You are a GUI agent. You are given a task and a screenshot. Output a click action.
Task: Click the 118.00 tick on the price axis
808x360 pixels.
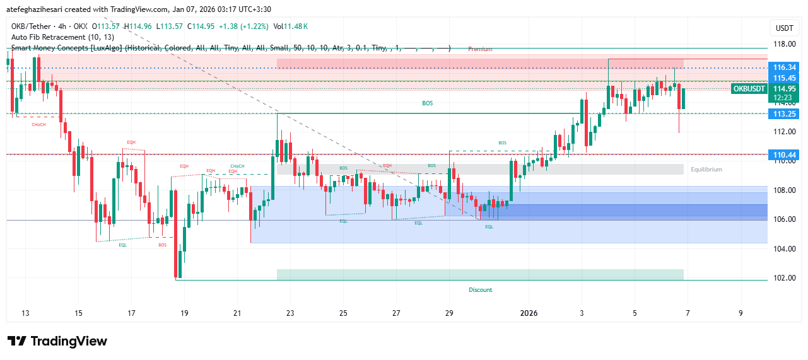pyautogui.click(x=785, y=45)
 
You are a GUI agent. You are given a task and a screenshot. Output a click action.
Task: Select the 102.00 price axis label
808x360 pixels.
pyautogui.click(x=785, y=278)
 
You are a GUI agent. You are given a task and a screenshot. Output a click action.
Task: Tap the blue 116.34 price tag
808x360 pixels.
pyautogui.click(x=785, y=67)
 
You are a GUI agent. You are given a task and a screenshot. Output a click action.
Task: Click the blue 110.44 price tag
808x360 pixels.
pyautogui.click(x=785, y=154)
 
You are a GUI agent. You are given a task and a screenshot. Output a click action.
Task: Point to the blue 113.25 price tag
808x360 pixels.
pyautogui.click(x=785, y=114)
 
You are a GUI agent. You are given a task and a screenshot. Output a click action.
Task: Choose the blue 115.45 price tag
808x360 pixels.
pyautogui.click(x=785, y=78)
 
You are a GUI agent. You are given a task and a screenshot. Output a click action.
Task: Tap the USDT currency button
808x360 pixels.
pyautogui.click(x=784, y=28)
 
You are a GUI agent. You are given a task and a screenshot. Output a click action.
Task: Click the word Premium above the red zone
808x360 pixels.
pyautogui.click(x=480, y=49)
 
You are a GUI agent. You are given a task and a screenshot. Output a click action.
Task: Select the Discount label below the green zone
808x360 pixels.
pyautogui.click(x=480, y=290)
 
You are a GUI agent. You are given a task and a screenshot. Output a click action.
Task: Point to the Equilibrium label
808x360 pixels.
pyautogui.click(x=706, y=170)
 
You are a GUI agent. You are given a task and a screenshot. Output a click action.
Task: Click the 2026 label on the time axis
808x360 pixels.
pyautogui.click(x=529, y=313)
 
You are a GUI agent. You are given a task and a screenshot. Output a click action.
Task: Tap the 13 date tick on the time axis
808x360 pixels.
pyautogui.click(x=25, y=313)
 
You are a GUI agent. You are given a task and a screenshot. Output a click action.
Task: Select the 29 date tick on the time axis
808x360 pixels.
pyautogui.click(x=449, y=313)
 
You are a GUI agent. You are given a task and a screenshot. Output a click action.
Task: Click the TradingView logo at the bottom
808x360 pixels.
pyautogui.click(x=57, y=341)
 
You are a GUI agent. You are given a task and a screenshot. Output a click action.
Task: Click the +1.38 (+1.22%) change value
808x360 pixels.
pyautogui.click(x=244, y=26)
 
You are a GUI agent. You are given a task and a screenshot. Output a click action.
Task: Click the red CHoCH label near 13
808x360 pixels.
pyautogui.click(x=38, y=125)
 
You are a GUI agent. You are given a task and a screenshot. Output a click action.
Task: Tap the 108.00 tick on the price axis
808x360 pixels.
pyautogui.click(x=785, y=190)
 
